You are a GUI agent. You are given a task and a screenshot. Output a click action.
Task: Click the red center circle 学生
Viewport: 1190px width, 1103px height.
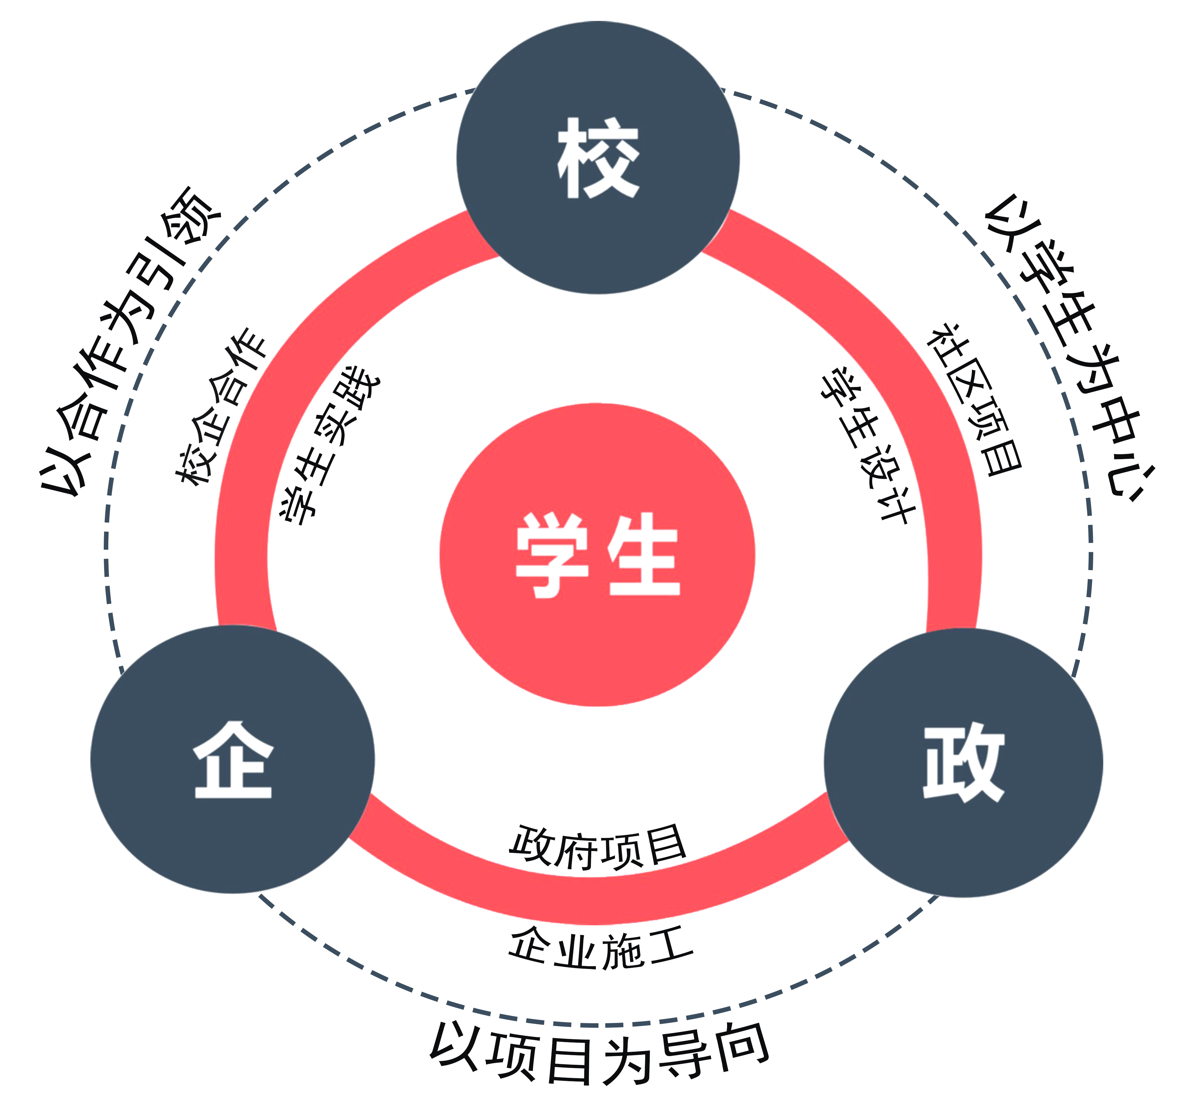[597, 645]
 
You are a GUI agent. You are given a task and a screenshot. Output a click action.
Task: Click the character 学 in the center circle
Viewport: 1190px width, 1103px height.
[552, 555]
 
